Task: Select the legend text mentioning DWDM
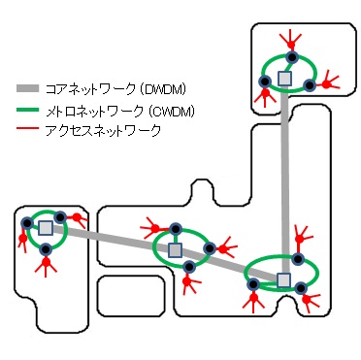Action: (x=117, y=89)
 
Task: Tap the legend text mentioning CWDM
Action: (x=121, y=112)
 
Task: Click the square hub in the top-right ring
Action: (x=284, y=77)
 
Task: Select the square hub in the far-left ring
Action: (x=45, y=228)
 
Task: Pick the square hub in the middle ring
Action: (x=175, y=249)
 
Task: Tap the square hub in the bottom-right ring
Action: (x=283, y=280)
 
